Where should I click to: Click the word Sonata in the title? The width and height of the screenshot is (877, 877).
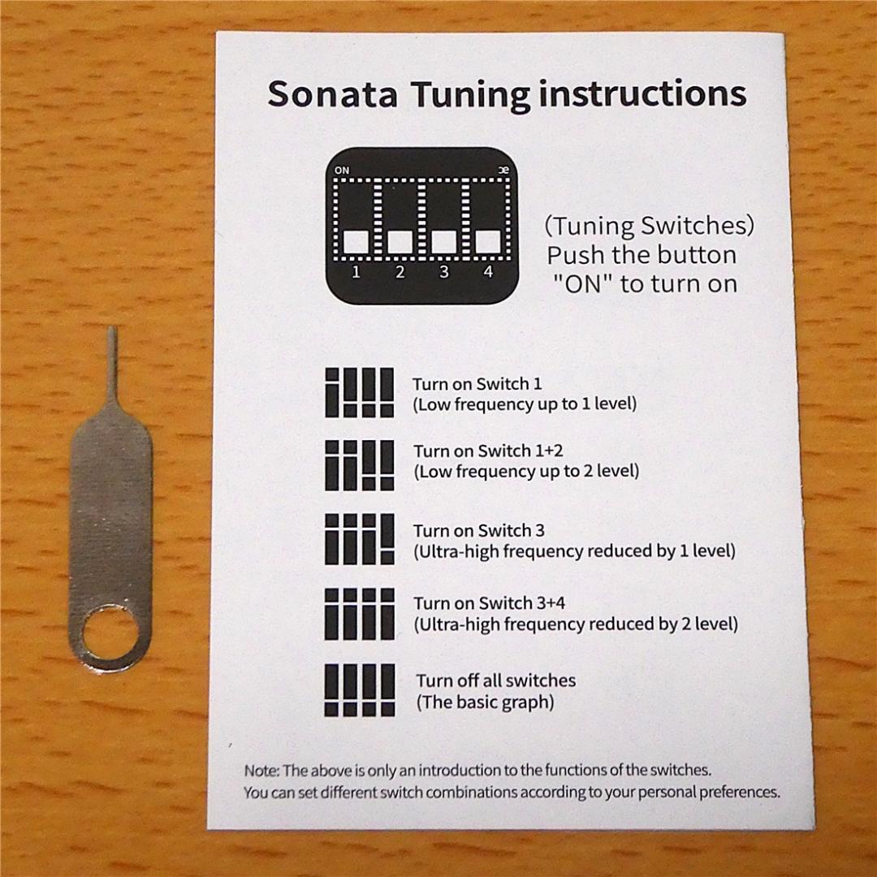tap(332, 93)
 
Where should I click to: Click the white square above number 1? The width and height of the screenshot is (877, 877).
tap(356, 242)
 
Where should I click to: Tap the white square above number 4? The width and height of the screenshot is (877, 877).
tap(487, 242)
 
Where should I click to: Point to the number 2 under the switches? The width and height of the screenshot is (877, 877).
tap(400, 273)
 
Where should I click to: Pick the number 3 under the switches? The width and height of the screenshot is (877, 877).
tap(444, 273)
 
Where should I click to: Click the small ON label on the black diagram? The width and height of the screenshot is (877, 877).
tap(341, 171)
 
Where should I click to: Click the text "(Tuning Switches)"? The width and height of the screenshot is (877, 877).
tap(649, 225)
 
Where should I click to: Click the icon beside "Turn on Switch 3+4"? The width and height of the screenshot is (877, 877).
tap(360, 613)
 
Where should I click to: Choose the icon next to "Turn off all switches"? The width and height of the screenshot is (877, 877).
tap(360, 690)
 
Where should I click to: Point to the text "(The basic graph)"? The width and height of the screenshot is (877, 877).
tap(485, 702)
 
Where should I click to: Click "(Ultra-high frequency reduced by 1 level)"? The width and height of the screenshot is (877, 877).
tap(574, 551)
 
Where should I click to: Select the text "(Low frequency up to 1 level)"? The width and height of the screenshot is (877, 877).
tap(525, 404)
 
